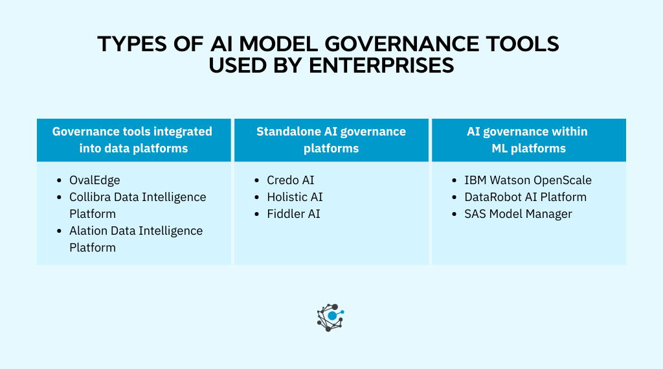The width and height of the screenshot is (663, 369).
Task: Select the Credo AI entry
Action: (291, 180)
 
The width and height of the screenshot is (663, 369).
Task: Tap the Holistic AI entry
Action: (295, 197)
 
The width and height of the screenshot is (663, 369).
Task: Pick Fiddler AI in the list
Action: (293, 214)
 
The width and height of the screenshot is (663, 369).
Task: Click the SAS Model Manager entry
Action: (518, 214)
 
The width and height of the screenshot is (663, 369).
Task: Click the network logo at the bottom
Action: (330, 316)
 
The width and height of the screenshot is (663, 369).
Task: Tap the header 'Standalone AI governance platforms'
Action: (331, 139)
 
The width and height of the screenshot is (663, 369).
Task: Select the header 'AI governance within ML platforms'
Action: (528, 139)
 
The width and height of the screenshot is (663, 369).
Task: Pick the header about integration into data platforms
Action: (133, 139)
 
